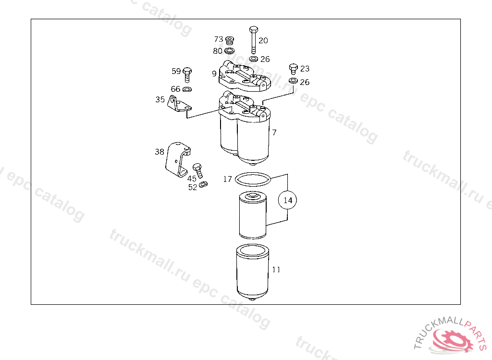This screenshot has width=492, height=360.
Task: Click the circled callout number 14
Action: click(288, 200)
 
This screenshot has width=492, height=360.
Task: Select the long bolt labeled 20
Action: click(254, 40)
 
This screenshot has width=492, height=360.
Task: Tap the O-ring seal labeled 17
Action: click(253, 180)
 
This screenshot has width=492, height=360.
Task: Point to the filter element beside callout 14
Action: click(253, 216)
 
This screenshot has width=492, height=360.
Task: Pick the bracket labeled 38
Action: click(178, 160)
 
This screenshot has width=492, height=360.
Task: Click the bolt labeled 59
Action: click(187, 74)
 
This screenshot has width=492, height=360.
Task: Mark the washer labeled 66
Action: click(187, 89)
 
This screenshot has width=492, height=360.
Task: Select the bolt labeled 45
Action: click(198, 170)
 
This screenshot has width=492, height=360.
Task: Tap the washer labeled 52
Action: click(203, 184)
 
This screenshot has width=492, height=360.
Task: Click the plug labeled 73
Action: click(230, 40)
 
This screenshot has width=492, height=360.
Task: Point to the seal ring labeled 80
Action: click(230, 50)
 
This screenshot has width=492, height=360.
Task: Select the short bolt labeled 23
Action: click(294, 69)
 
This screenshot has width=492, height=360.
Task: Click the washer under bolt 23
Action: click(294, 81)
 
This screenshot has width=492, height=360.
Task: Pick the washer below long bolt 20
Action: click(254, 59)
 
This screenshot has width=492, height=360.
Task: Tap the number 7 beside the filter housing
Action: click(274, 132)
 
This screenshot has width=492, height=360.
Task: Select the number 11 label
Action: click(276, 269)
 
